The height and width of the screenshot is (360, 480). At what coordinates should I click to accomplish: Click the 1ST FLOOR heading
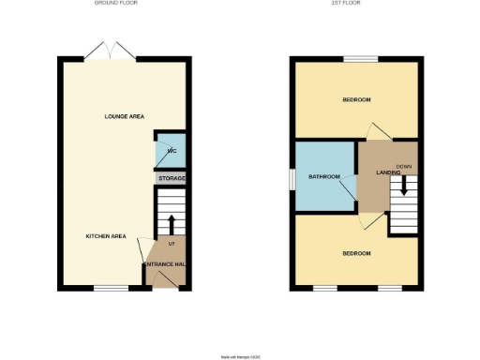point(355,3)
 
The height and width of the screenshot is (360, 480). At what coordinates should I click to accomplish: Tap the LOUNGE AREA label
point(124,116)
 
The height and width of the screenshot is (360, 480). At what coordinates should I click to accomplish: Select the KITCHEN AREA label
point(106,236)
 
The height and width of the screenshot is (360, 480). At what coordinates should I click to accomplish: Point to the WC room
point(171,150)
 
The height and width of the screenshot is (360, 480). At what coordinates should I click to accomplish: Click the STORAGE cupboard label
point(172,178)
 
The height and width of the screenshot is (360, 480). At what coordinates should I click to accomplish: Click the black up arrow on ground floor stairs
point(172,223)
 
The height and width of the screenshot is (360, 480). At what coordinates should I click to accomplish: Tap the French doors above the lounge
point(104,50)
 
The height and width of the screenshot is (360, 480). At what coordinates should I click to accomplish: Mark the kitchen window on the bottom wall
point(111,287)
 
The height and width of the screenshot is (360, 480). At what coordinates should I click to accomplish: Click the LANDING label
point(389,172)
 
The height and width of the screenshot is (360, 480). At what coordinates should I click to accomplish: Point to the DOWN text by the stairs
point(404,167)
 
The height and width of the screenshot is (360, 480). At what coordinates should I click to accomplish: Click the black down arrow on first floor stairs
point(404,186)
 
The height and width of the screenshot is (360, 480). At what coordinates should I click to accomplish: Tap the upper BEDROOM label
point(356,100)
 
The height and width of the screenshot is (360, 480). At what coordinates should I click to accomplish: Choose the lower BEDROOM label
point(356,254)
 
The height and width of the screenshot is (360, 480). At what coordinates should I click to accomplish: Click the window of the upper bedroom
point(360,60)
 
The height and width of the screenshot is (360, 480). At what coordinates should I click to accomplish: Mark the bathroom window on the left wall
point(292,177)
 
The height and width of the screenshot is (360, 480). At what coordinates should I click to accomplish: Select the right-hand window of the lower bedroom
point(390,287)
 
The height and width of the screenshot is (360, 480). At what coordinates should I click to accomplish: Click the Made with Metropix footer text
point(240,356)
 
